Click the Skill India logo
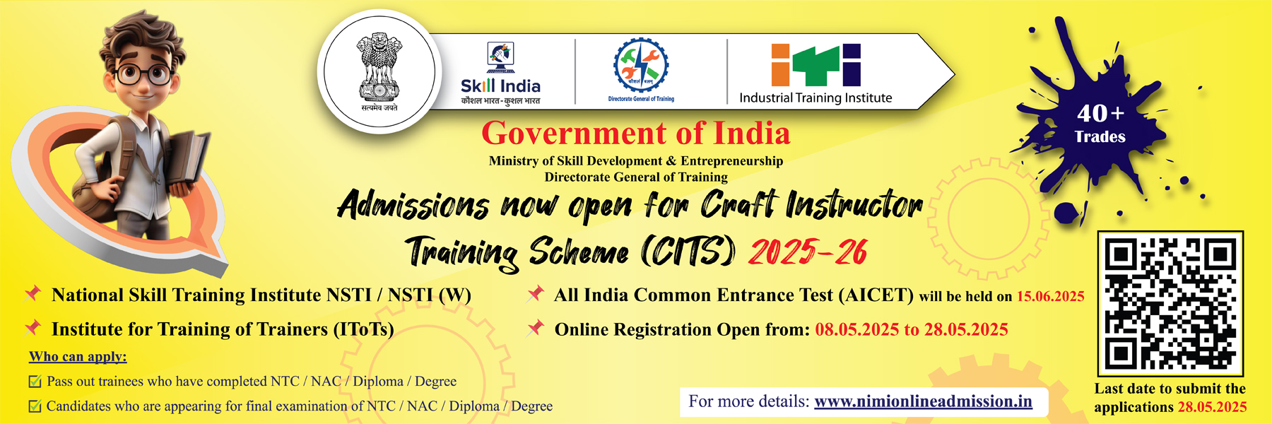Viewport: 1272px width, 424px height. tap(500, 73)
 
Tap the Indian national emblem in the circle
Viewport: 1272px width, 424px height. tap(379, 71)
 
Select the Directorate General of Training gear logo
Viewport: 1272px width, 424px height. tap(641, 69)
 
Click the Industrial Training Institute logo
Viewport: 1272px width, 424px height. tap(815, 73)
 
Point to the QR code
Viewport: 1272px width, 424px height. tap(1170, 304)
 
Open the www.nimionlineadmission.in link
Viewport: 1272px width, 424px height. tap(923, 401)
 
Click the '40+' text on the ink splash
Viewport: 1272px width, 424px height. tap(1100, 113)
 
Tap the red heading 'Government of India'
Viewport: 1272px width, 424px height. tap(636, 134)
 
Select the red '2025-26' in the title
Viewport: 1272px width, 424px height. tap(808, 252)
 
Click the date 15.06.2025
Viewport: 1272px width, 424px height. tap(1051, 297)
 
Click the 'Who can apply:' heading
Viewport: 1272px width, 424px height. tap(78, 357)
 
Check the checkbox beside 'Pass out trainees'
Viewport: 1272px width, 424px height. tap(35, 382)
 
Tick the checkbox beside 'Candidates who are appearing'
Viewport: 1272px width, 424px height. tap(35, 406)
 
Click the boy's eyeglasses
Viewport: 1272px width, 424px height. tap(143, 73)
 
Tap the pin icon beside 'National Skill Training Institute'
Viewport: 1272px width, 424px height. tap(33, 293)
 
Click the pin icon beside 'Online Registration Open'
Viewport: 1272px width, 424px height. tap(536, 327)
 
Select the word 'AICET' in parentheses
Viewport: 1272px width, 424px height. tap(876, 295)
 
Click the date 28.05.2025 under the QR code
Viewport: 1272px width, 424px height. tap(1212, 407)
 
